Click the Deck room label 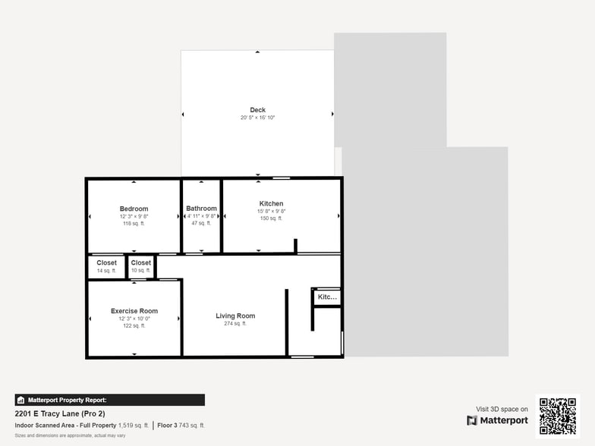[257, 110]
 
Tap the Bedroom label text [134, 209]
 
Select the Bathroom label [201, 209]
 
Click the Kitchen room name [271, 203]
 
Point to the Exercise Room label [134, 311]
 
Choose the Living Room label [235, 316]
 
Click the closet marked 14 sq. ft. [106, 263]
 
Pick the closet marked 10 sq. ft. [140, 263]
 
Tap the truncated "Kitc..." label [327, 297]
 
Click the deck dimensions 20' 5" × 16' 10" [257, 118]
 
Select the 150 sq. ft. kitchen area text [271, 218]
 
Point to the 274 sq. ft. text [235, 324]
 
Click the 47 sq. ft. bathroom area [201, 223]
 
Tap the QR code [558, 416]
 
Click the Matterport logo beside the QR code [497, 420]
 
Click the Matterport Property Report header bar [109, 400]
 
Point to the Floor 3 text [168, 426]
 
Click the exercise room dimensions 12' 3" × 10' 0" [134, 319]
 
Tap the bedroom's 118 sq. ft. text [134, 224]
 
